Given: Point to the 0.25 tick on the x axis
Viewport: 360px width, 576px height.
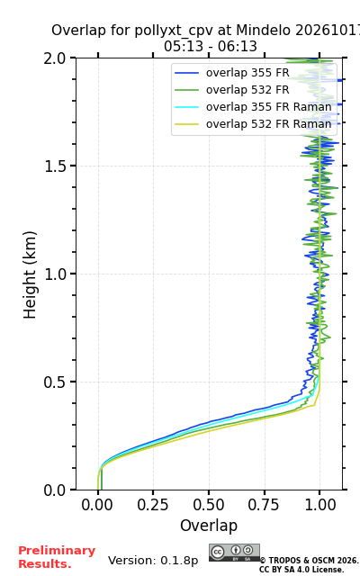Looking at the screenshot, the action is click(x=153, y=505).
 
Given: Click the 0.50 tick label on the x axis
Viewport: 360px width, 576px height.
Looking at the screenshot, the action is click(x=209, y=505).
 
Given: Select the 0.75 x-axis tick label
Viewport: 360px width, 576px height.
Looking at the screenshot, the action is click(x=264, y=505).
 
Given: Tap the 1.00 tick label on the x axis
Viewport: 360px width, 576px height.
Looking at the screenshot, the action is click(x=320, y=505).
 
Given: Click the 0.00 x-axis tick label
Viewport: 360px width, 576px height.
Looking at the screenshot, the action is click(x=97, y=505).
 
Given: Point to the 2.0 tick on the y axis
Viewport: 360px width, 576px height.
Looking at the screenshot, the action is click(x=55, y=58).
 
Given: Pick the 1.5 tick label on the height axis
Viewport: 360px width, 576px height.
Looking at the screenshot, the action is click(x=55, y=166).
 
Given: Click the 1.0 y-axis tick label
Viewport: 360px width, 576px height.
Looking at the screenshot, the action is click(x=55, y=274).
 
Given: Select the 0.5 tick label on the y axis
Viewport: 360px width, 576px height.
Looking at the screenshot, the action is click(x=55, y=382).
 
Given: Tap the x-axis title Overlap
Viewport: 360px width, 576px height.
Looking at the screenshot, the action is click(x=209, y=526).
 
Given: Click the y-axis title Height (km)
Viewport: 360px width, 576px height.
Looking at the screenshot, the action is click(x=30, y=274).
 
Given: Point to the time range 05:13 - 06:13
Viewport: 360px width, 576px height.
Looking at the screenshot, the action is click(x=210, y=47).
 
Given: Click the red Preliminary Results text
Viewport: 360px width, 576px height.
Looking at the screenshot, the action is click(x=57, y=557).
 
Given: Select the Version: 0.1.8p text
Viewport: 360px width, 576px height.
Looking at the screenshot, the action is click(x=153, y=561).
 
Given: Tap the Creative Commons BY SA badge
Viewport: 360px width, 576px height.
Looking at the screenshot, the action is click(x=234, y=553).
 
